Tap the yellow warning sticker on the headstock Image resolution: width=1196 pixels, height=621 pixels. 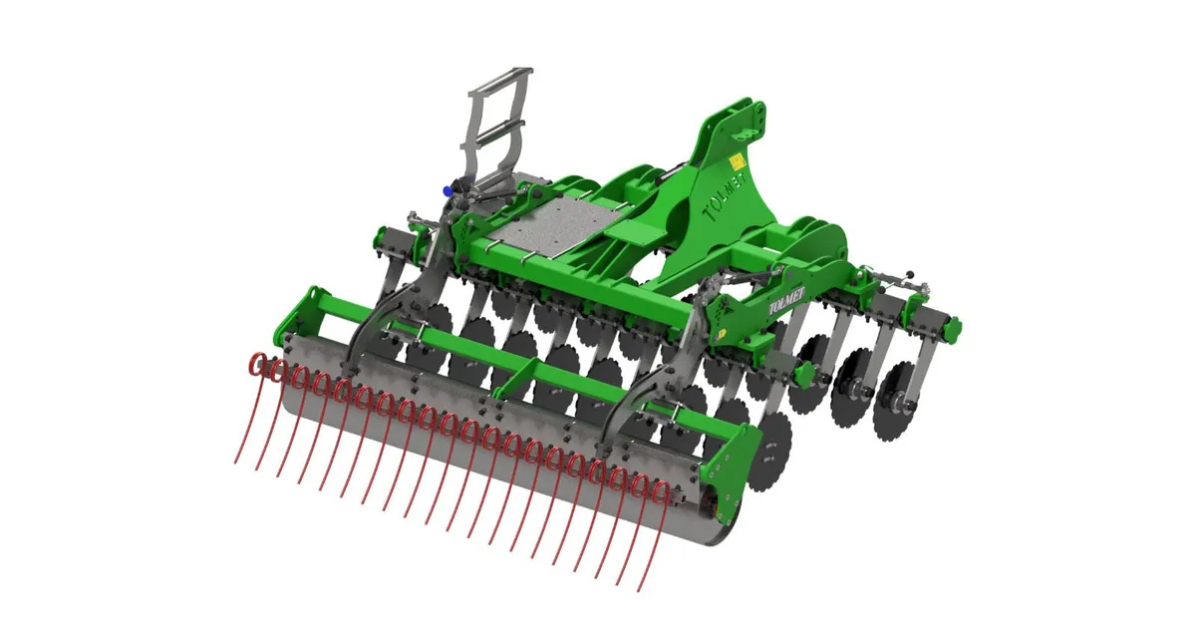tap(738, 160)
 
